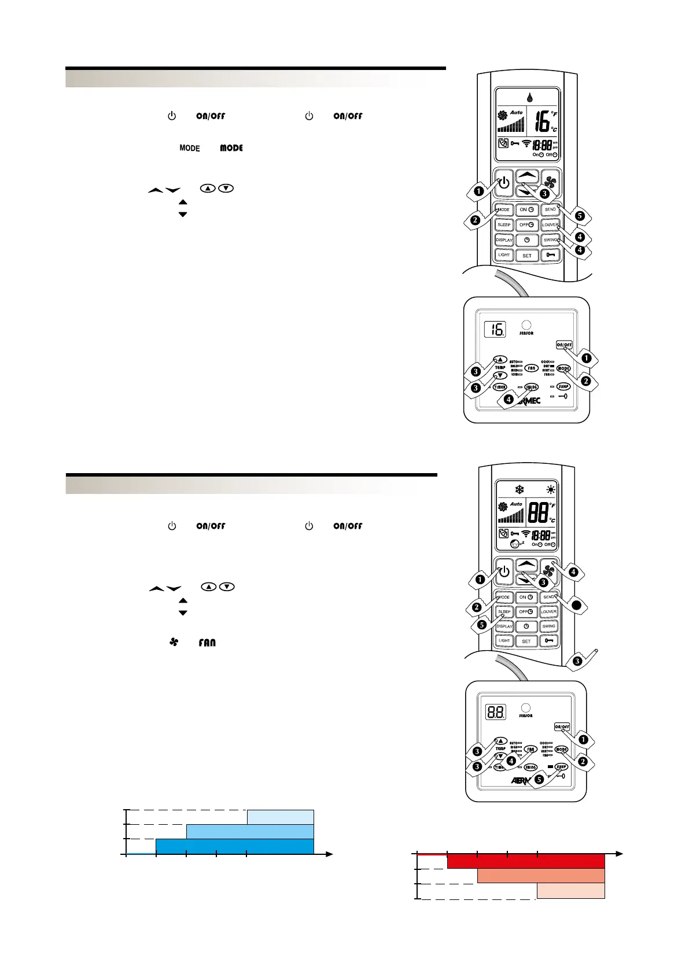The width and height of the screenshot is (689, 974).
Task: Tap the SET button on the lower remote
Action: (x=526, y=641)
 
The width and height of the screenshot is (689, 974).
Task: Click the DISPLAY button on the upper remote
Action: (x=504, y=240)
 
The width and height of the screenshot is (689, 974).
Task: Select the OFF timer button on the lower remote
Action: (x=525, y=612)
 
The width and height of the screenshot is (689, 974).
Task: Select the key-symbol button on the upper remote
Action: (x=550, y=254)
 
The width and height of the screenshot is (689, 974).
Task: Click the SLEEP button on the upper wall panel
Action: (x=563, y=386)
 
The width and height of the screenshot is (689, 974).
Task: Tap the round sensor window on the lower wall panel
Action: (x=525, y=707)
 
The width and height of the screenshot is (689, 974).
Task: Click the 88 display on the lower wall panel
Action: (x=496, y=712)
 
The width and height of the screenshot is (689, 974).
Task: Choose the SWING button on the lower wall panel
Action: (x=530, y=768)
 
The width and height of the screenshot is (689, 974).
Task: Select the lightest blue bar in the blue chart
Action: (x=281, y=817)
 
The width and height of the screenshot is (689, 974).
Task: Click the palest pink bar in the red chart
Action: (x=571, y=891)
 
